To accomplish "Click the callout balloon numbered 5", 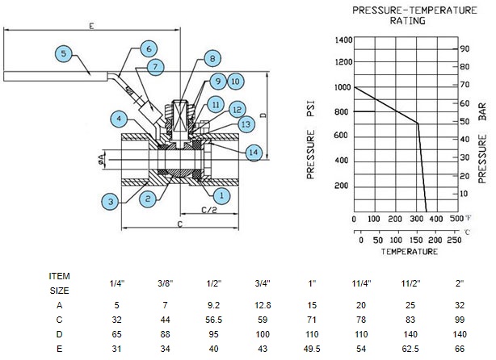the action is click(64, 53).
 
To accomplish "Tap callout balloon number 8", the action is click(212, 58).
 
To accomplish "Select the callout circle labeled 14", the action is click(254, 153).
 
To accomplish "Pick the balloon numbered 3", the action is click(111, 201).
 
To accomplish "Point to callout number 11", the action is click(216, 105).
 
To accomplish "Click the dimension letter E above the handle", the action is click(91, 26).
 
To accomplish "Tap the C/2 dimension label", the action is click(209, 210).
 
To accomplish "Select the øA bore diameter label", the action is click(101, 159).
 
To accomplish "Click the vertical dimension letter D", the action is click(263, 115).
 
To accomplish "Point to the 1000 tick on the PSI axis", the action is click(343, 87).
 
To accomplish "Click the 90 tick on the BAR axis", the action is click(464, 48).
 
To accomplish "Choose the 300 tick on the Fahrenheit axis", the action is click(416, 219).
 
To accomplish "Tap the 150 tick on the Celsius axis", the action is click(416, 240).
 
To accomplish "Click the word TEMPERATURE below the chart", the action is click(410, 252).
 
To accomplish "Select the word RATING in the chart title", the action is click(407, 21).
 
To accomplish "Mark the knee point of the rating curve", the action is click(418, 123).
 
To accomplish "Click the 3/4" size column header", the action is click(263, 283).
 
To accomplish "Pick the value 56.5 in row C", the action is click(213, 320).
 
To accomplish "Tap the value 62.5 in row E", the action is click(410, 349).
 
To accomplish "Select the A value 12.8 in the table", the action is click(263, 305).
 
